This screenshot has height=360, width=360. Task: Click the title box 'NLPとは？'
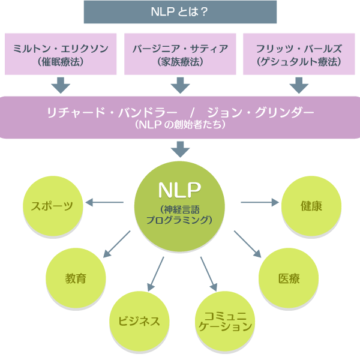tap(180, 13)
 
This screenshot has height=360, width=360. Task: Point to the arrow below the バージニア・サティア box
tap(180, 85)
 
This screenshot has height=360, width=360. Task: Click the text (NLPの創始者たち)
tap(180, 126)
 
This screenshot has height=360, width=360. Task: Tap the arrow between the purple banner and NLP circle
tap(180, 150)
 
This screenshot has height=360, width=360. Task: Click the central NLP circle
tap(180, 206)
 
